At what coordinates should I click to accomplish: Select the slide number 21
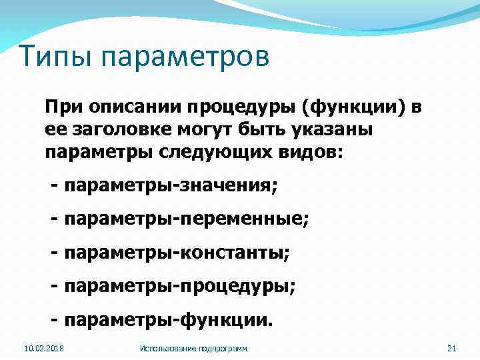[x=451, y=349]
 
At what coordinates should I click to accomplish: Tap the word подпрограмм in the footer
[x=223, y=349]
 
